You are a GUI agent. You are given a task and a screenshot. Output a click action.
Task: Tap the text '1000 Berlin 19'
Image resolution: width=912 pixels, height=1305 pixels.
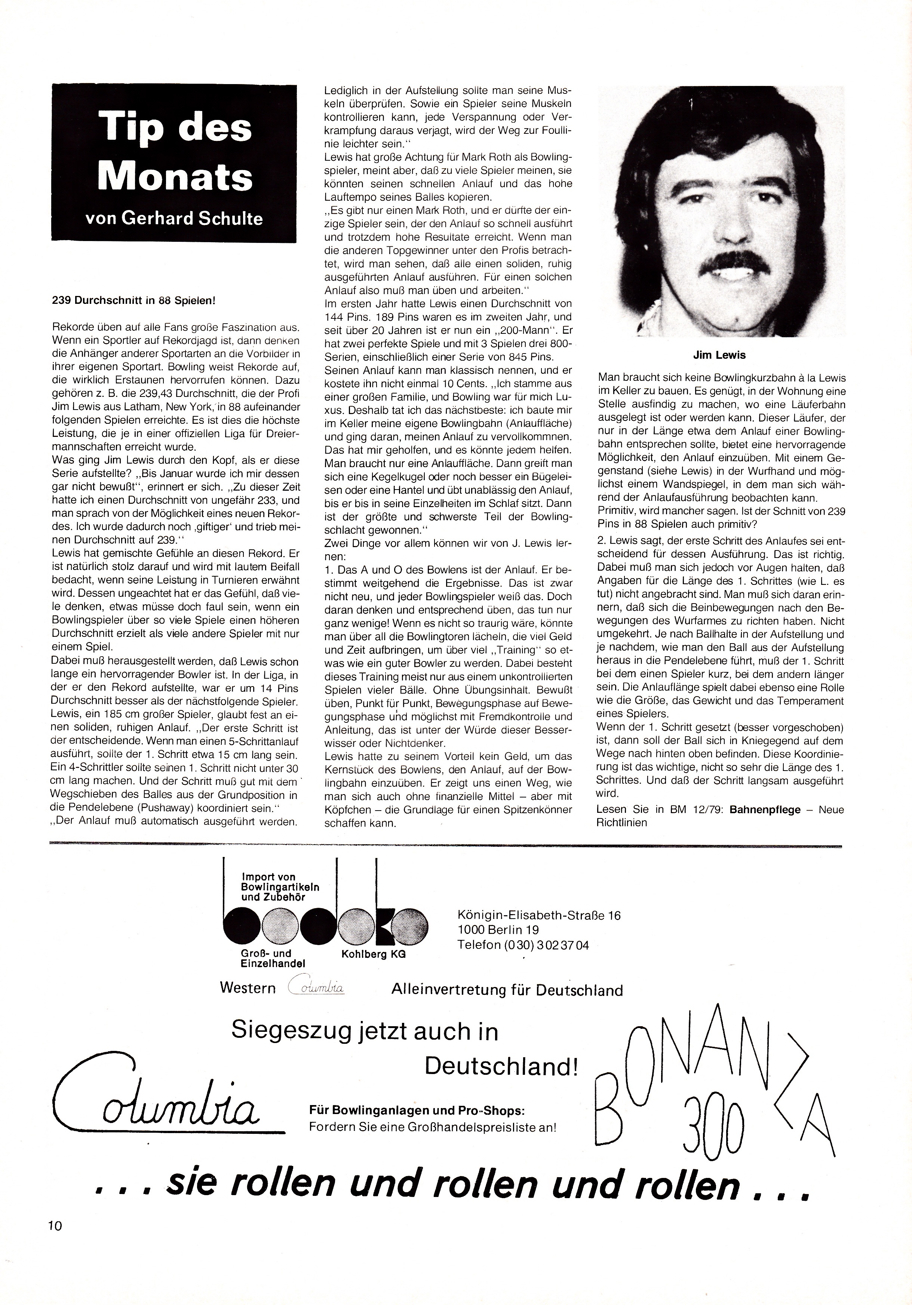coord(498,930)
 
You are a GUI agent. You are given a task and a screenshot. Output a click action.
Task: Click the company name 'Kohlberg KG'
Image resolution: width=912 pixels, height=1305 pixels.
coord(373,955)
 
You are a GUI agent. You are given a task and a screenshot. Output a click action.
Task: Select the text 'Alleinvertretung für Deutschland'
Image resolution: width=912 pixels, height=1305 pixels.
coord(507,990)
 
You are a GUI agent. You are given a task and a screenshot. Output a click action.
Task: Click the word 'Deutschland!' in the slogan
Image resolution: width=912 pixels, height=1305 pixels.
coord(501,1067)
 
